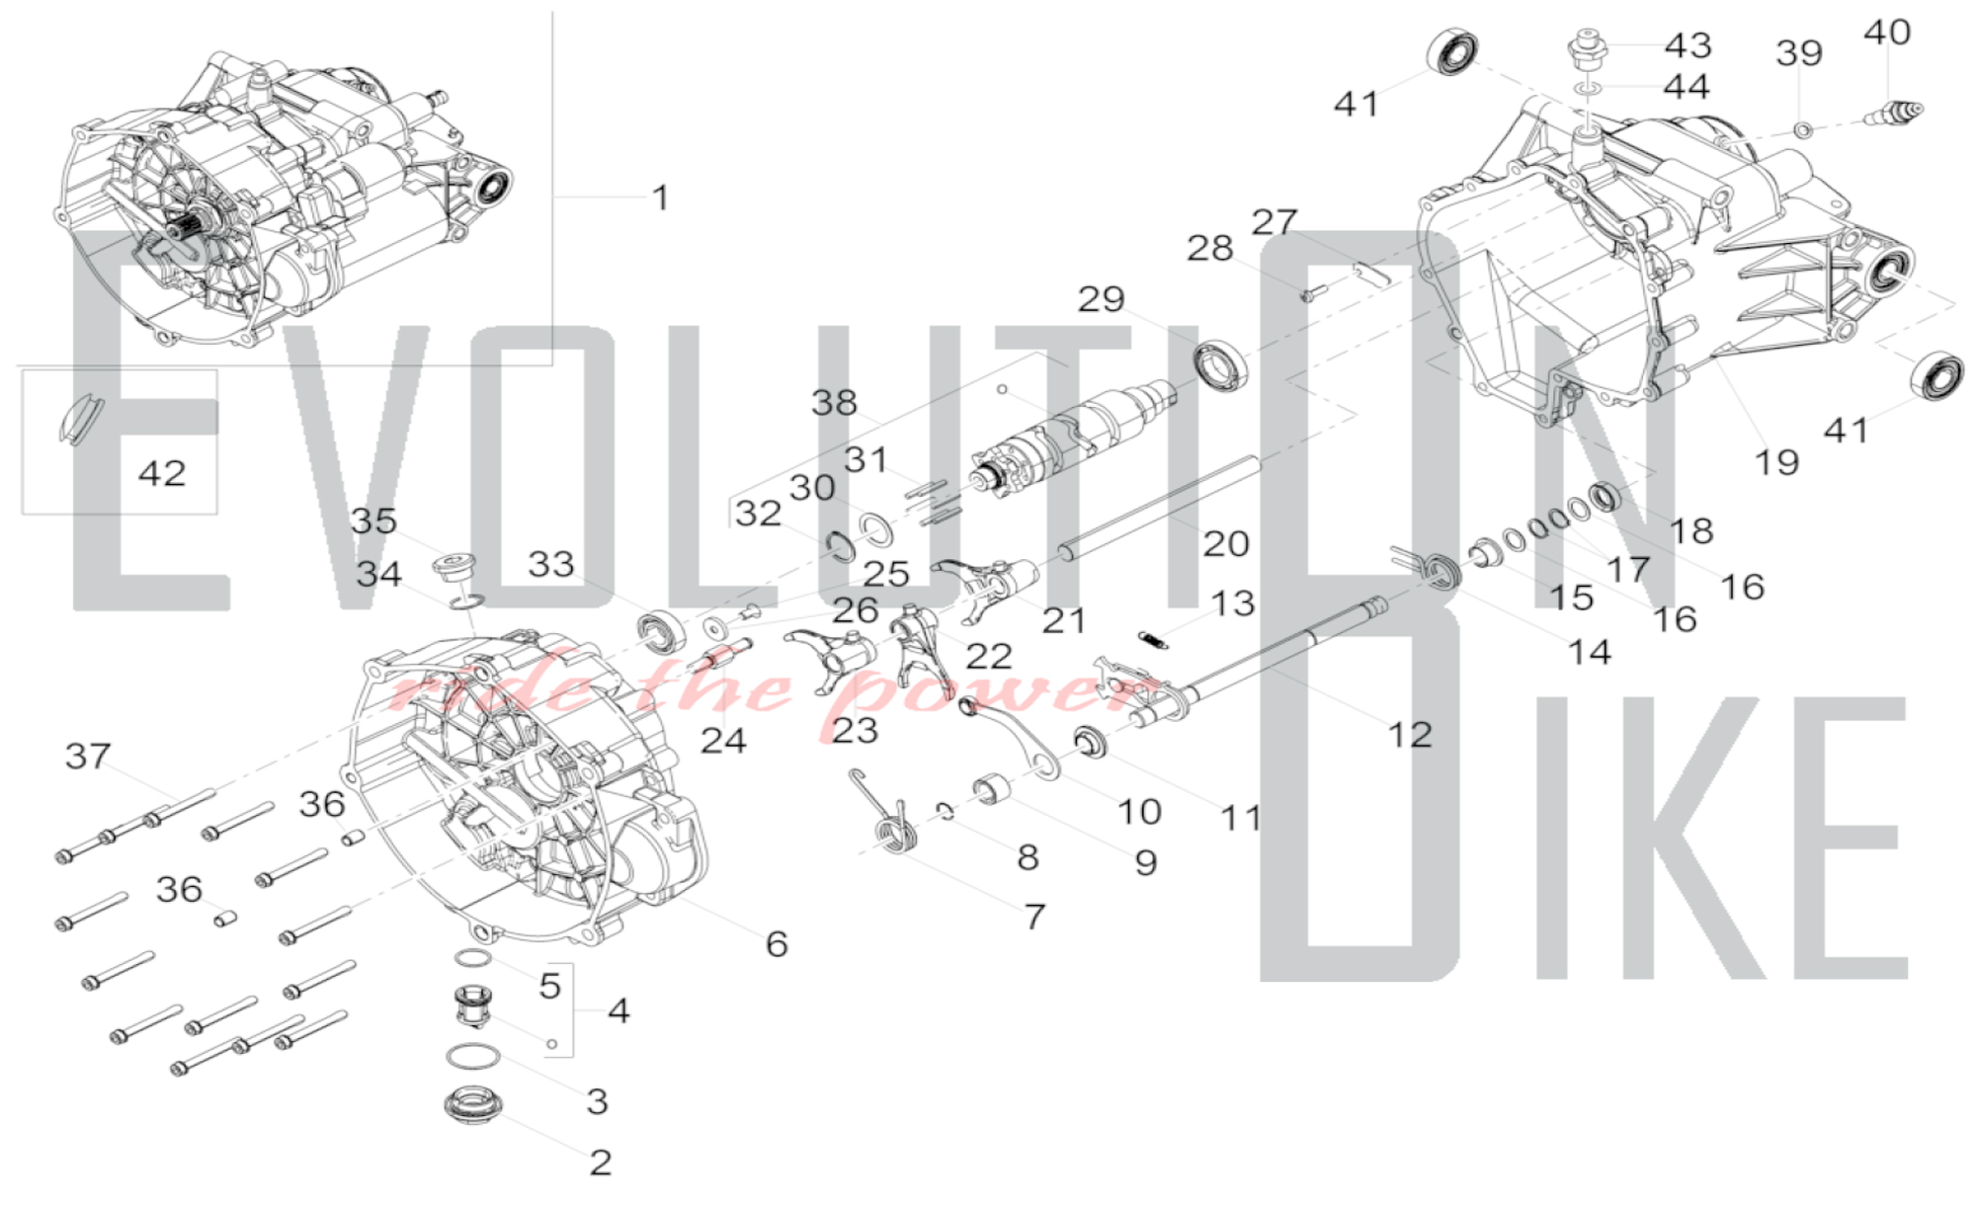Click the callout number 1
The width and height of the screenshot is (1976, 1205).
[x=661, y=198]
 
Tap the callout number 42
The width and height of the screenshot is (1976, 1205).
[x=162, y=473]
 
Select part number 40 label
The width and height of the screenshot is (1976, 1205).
[x=1886, y=33]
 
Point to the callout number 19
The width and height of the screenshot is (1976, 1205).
[x=1775, y=461]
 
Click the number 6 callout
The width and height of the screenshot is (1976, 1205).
[x=777, y=943]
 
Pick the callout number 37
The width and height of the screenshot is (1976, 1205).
[x=88, y=756]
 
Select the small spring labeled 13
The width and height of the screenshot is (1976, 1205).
[x=1153, y=640]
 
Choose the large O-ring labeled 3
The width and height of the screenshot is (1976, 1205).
[x=472, y=1057]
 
